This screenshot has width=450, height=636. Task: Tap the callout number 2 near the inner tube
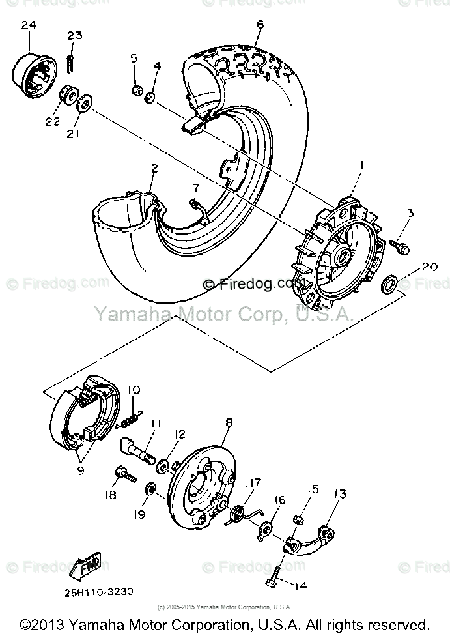click(x=154, y=168)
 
